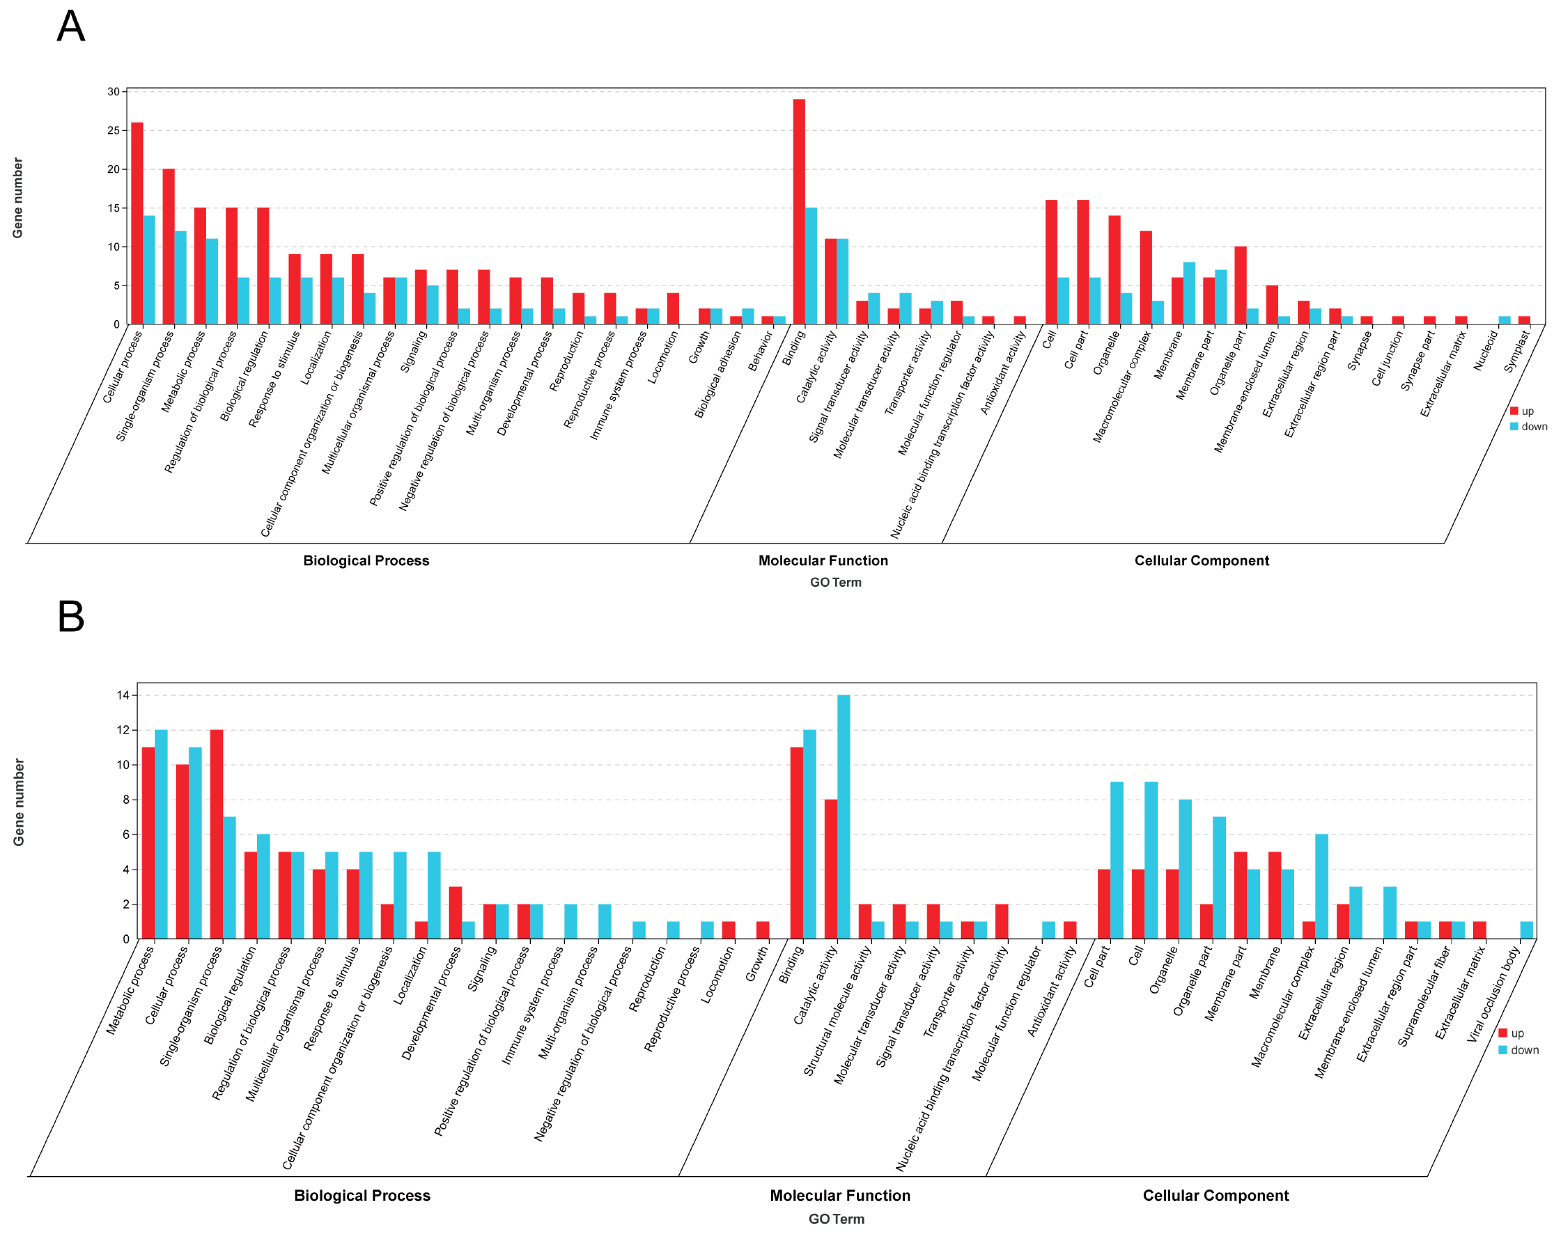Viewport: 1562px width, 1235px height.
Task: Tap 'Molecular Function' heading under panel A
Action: click(823, 560)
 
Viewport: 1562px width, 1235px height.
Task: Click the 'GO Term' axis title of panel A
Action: click(835, 582)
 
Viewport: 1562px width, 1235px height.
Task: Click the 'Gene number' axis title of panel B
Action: click(19, 802)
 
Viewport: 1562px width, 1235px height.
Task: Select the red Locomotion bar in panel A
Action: click(673, 308)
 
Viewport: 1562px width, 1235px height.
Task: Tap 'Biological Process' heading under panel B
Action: click(362, 1195)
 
